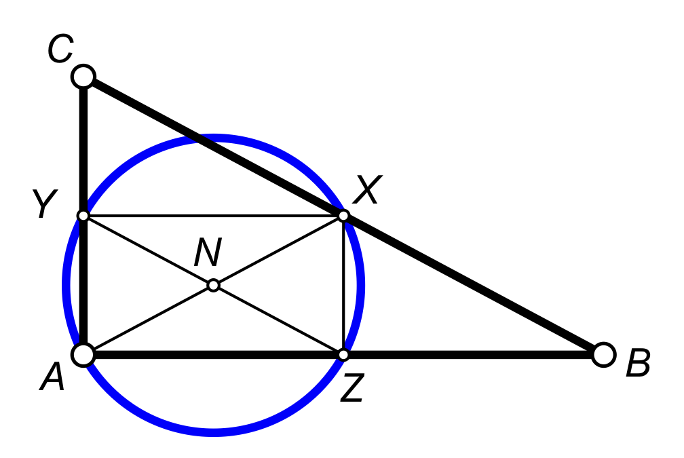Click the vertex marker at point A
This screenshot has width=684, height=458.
tap(83, 354)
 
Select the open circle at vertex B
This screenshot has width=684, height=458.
tap(603, 354)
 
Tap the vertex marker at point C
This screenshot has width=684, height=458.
tap(83, 76)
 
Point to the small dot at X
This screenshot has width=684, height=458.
tap(343, 216)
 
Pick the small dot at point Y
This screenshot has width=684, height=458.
tap(83, 216)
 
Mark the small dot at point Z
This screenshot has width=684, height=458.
tap(343, 354)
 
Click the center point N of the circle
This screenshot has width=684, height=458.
tap(213, 285)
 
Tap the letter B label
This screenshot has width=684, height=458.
tap(638, 365)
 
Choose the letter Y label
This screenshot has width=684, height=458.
tap(43, 204)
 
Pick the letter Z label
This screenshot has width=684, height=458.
tap(353, 389)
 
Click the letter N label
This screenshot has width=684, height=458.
tap(208, 254)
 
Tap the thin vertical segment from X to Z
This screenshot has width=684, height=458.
tap(343, 285)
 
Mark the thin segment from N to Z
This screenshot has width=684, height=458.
tap(278, 320)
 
